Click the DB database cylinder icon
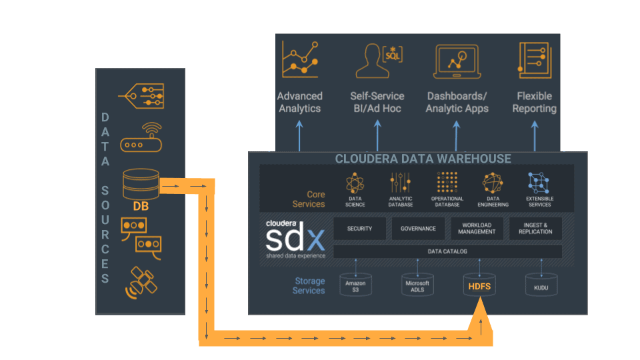coord(141,183)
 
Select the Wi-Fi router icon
coord(141,138)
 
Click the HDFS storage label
coord(479,287)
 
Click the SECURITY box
coord(359,229)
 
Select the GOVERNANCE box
coord(418,229)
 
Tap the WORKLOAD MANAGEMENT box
coord(477,229)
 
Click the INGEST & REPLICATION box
coord(535,229)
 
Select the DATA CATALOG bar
coord(447,251)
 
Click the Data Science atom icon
coord(355,183)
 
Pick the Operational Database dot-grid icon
coord(447,183)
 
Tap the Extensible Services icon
coord(539,183)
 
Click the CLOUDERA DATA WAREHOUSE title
coord(423,159)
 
